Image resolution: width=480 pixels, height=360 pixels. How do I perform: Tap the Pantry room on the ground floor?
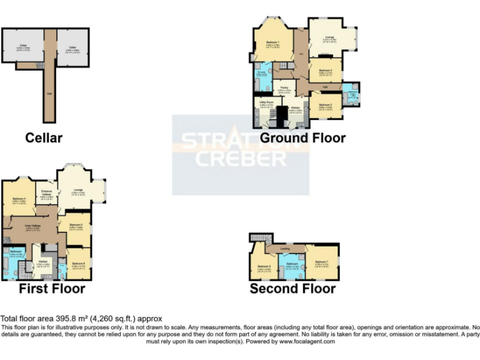coord(284,89)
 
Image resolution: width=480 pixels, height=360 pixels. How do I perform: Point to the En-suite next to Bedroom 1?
coord(262,73)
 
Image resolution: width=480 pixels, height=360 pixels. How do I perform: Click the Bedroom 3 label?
coord(326,71)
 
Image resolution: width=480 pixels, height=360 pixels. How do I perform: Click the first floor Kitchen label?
coord(42,262)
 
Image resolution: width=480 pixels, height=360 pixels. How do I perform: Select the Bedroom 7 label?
coord(321,261)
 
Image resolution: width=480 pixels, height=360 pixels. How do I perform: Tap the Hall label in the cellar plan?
coord(49,94)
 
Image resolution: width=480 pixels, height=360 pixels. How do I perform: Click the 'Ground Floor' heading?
coord(302,137)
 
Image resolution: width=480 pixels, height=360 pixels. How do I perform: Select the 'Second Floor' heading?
coord(292,289)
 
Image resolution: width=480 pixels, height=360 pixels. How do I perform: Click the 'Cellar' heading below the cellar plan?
coord(43,137)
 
